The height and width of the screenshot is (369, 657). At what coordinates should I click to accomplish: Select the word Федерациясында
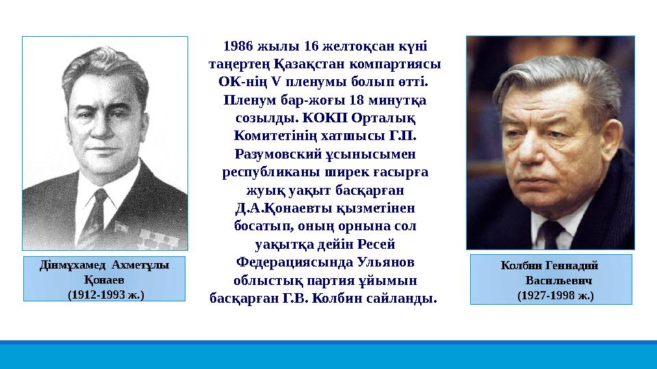coord(279,262)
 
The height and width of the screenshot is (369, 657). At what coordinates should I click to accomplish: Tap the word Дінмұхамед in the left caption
coord(70,266)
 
